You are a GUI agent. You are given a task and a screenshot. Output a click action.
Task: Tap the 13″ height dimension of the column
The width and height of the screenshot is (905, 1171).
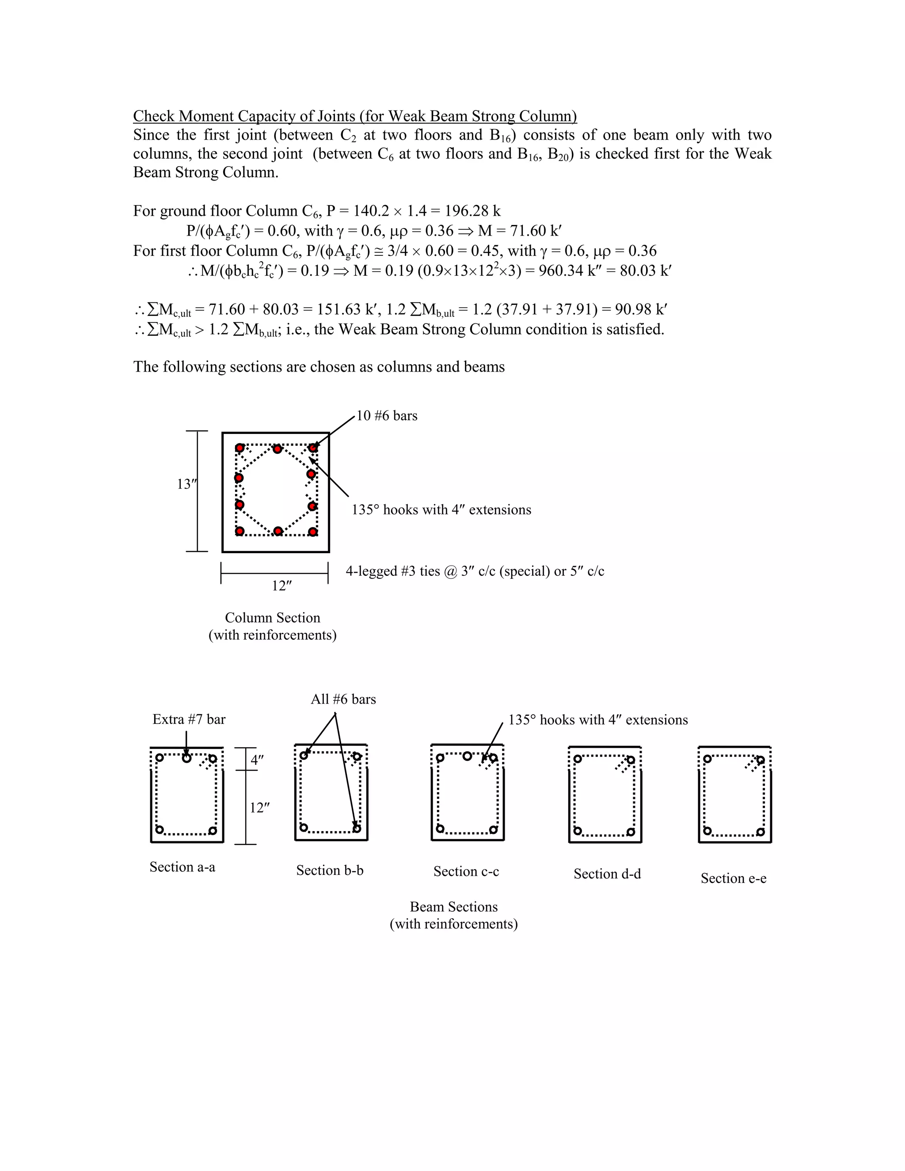tap(186, 484)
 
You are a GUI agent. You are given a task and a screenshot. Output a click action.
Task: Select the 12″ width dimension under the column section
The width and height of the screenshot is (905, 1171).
tap(281, 585)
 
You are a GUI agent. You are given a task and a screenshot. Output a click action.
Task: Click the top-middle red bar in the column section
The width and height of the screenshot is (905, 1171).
tap(277, 449)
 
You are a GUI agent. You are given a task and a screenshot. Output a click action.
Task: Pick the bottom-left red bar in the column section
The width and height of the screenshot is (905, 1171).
tap(240, 531)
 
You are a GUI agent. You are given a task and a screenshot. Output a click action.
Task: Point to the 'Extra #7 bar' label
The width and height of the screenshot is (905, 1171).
tap(189, 719)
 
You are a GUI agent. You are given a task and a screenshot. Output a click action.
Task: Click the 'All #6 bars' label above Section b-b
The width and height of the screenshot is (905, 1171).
tap(343, 699)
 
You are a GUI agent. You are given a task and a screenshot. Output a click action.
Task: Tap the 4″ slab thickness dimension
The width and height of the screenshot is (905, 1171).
tap(257, 760)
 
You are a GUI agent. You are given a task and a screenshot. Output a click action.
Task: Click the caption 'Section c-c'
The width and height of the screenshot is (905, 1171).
tap(466, 871)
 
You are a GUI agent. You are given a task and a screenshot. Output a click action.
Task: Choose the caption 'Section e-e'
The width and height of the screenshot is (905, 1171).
tap(733, 878)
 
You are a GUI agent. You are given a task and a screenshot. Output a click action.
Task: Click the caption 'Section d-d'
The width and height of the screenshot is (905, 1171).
tap(607, 874)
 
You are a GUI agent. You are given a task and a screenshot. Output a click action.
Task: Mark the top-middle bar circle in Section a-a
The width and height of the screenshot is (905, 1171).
tap(186, 758)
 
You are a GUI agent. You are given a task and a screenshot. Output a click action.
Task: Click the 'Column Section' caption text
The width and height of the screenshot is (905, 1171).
tap(272, 618)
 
